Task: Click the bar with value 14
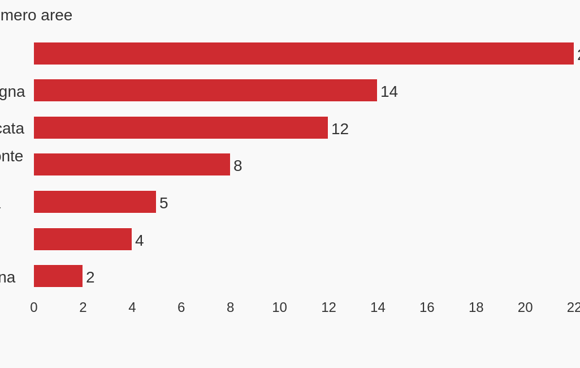tap(205, 91)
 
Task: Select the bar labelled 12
tap(181, 128)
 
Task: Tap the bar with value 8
tap(132, 165)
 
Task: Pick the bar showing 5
tap(95, 202)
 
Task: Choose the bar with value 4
tap(83, 239)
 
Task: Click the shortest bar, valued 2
tap(58, 276)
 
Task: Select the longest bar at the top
tap(304, 54)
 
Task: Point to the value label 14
tap(389, 92)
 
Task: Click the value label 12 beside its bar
tap(340, 129)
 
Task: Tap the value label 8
tap(237, 166)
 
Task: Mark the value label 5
tap(163, 203)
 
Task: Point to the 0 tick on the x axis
tap(34, 307)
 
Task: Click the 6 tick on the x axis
tap(181, 307)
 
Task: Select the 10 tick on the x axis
tap(279, 307)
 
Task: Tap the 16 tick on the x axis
tap(427, 307)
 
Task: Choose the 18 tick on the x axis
tap(476, 307)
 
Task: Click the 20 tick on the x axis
tap(525, 307)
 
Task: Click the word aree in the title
tap(57, 15)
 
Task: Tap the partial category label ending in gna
tap(12, 92)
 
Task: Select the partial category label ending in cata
tap(11, 129)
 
